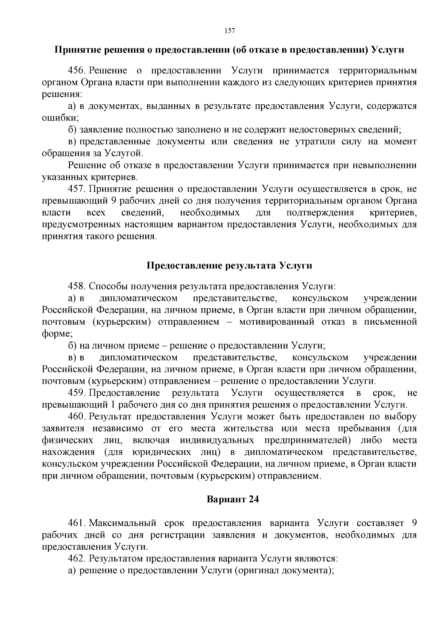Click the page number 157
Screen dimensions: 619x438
click(x=229, y=31)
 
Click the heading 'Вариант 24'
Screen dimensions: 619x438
click(x=233, y=499)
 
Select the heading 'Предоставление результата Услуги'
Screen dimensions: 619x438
click(x=229, y=265)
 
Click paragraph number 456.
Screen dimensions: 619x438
click(x=77, y=70)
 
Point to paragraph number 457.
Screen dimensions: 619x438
click(x=77, y=189)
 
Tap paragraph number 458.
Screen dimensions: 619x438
click(x=77, y=286)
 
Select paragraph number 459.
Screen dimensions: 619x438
click(x=77, y=393)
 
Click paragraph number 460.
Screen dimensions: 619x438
click(x=77, y=417)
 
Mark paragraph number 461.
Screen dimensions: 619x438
click(x=77, y=523)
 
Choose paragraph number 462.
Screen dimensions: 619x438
click(x=77, y=558)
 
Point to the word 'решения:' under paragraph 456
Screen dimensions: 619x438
click(x=62, y=94)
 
